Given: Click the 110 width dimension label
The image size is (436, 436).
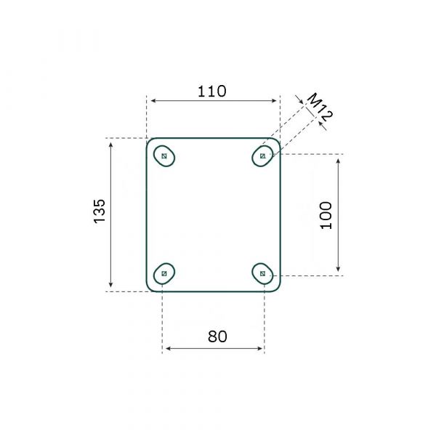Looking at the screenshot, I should pos(212,92).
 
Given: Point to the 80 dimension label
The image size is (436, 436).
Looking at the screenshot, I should pos(217,336).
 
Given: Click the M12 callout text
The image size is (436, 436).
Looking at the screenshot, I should pos(320,107).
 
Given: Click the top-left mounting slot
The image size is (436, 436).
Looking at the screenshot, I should pos(166,156).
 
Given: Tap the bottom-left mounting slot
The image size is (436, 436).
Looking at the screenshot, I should pos(164,273).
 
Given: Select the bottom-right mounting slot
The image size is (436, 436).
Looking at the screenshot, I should pos(262,273).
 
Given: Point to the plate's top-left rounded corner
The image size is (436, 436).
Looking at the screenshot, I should pos(150,141).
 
